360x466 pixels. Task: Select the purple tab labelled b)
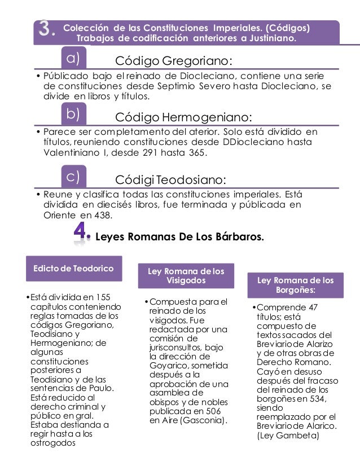[73, 115]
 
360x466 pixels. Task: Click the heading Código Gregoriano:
[174, 60]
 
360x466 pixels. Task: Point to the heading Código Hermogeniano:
[183, 117]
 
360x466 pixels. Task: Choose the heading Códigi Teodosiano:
[170, 179]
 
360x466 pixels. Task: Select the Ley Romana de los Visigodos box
[186, 275]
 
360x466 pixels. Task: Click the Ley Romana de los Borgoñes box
[295, 285]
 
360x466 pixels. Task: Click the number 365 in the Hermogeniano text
[197, 153]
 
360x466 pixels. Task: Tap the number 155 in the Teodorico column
[102, 297]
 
